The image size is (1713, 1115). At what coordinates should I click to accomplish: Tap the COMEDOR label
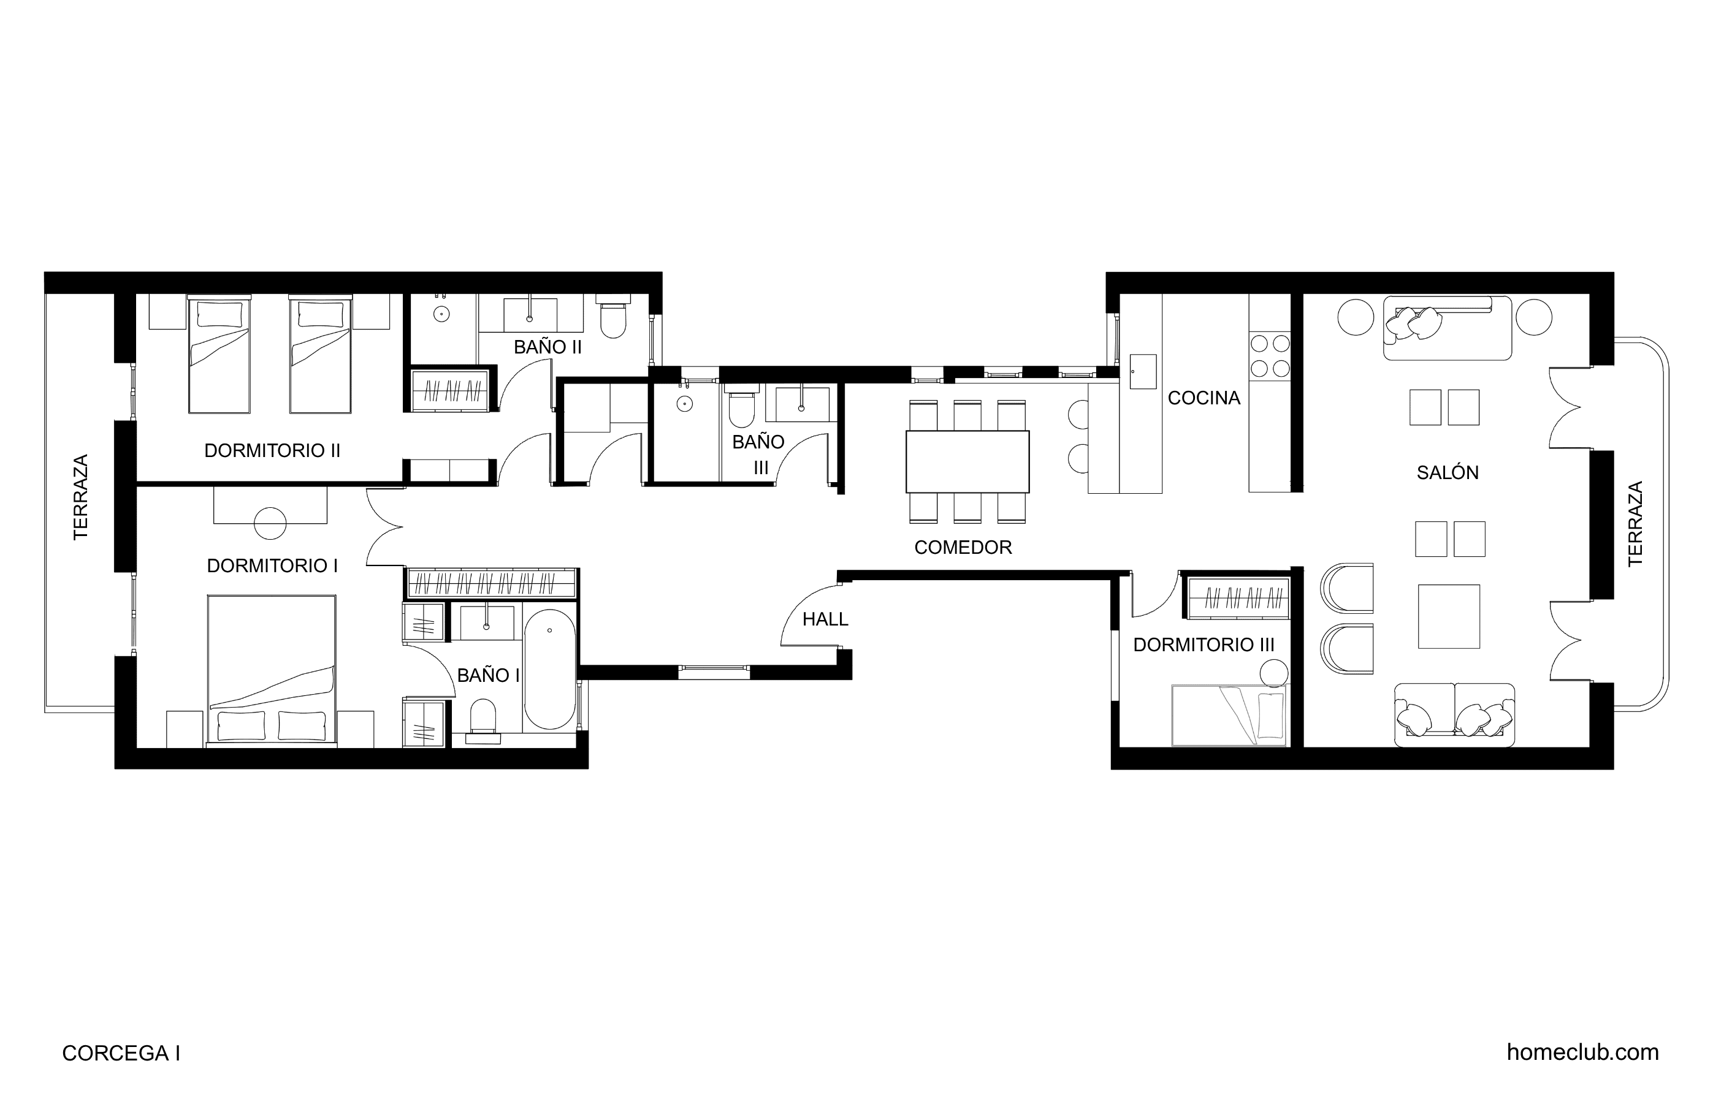[x=963, y=548]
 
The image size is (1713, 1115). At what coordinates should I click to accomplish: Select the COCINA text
[x=1204, y=398]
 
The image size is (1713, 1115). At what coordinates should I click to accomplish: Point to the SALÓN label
[x=1448, y=472]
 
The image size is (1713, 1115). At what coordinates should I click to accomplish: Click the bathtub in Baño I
[x=550, y=670]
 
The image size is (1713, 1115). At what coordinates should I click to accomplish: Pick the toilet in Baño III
[x=742, y=406]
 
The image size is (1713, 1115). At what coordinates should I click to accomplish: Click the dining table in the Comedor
[x=967, y=462]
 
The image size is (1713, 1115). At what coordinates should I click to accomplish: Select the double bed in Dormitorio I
[x=272, y=669]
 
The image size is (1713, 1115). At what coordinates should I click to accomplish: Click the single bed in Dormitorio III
[x=1229, y=715]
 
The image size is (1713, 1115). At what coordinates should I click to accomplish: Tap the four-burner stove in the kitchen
[x=1270, y=355]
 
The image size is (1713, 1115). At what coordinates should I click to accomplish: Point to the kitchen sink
[x=1143, y=371]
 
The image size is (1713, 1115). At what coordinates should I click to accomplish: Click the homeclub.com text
[x=1583, y=1053]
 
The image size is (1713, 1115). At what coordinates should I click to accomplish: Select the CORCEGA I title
[x=121, y=1053]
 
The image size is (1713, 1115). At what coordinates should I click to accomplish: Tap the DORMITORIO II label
[x=272, y=451]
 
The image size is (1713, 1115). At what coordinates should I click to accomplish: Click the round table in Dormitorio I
[x=270, y=523]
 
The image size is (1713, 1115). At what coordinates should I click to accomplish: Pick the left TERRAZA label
[x=80, y=497]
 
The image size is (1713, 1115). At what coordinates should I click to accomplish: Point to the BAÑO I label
[x=488, y=675]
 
